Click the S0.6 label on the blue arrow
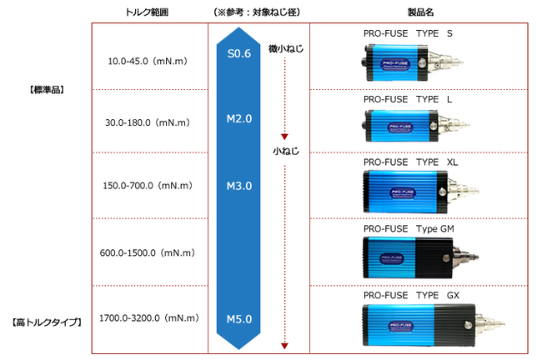239,53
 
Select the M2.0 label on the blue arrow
239,119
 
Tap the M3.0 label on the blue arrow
239,185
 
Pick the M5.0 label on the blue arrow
239,317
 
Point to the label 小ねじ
284,152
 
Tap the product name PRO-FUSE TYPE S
409,34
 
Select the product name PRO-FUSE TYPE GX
411,295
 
